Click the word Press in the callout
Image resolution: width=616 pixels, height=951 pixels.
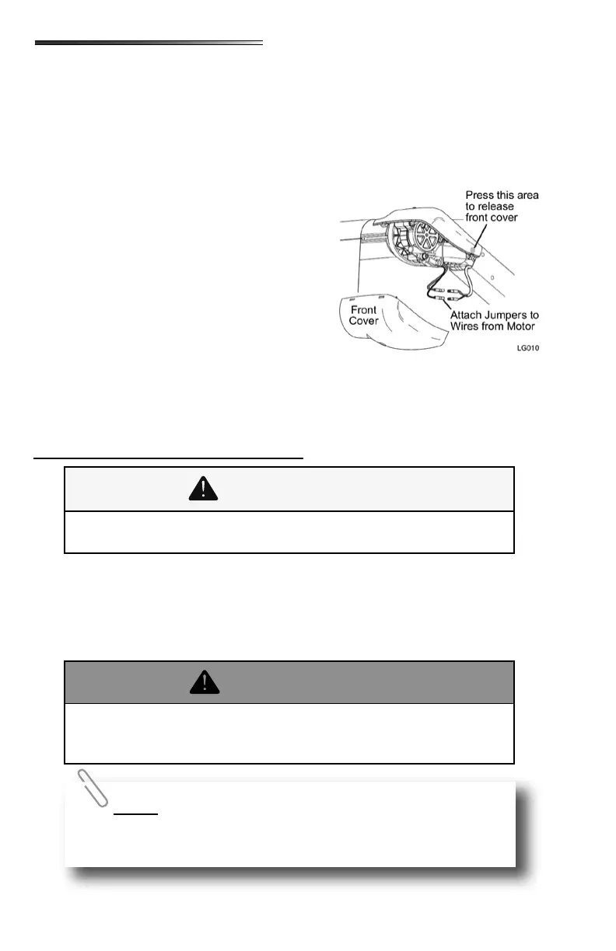(480, 194)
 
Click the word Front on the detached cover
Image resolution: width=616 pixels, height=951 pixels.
(362, 309)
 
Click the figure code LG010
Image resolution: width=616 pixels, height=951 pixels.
(527, 347)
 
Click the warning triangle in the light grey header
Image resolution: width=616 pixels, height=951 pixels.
(204, 489)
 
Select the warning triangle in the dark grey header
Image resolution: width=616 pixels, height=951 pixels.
(204, 682)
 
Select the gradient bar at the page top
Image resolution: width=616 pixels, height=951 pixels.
(149, 44)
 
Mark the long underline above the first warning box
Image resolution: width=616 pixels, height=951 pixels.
(168, 458)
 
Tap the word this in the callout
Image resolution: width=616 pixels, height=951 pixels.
(505, 194)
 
